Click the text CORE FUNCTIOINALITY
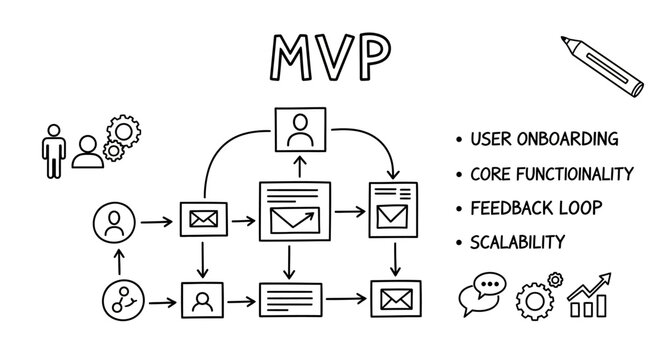551,174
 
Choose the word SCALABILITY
518,242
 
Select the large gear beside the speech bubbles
534,299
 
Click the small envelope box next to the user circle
203,219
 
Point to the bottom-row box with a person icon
203,298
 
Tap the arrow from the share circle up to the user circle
119,261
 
